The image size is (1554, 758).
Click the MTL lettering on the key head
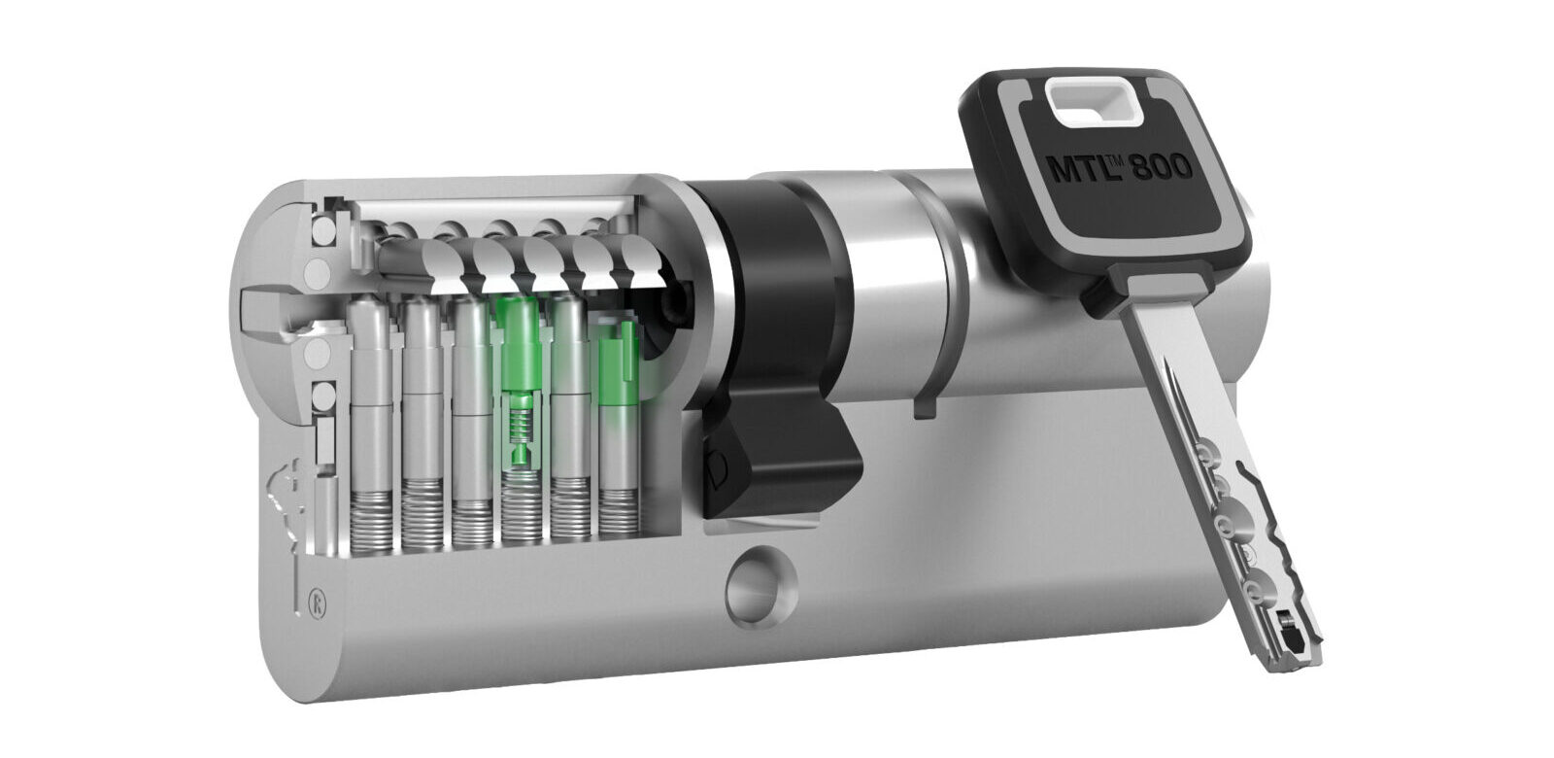tap(1075, 167)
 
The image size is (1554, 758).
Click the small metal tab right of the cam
tap(923, 398)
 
